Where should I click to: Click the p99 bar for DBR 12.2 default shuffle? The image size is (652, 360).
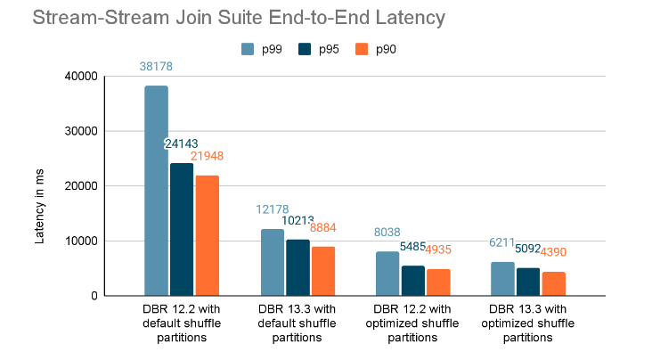click(156, 191)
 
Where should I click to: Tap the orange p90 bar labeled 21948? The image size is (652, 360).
click(207, 235)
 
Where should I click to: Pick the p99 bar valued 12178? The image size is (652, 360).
click(273, 262)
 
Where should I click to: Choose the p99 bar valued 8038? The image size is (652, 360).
click(387, 274)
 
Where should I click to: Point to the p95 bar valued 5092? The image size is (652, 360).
click(528, 282)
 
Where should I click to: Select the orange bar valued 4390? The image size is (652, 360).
click(553, 283)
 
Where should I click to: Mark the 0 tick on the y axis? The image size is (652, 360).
click(93, 296)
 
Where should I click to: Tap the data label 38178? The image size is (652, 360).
click(156, 66)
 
